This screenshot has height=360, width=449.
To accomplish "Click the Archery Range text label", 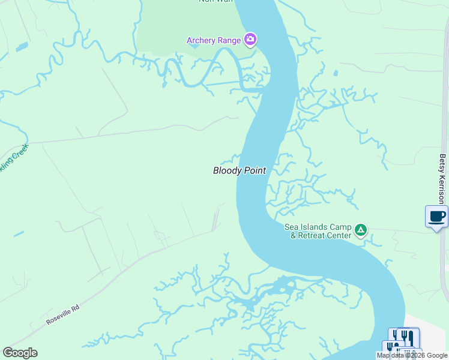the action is point(213,41).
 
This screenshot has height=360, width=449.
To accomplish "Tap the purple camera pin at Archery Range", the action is point(251,40).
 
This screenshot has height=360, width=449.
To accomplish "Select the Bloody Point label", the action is point(239,171).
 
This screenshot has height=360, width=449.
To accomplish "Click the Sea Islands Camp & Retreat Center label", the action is point(318,231).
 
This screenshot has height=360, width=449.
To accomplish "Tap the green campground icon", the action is point(361,229).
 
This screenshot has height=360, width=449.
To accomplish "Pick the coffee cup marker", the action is point(436,216).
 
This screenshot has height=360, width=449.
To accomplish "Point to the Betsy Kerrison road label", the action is point(442,179).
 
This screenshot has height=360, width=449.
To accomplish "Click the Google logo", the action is point(20,353).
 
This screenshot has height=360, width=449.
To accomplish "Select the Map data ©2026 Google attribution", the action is point(412,355).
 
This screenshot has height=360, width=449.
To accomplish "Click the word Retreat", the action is point(322,235).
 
